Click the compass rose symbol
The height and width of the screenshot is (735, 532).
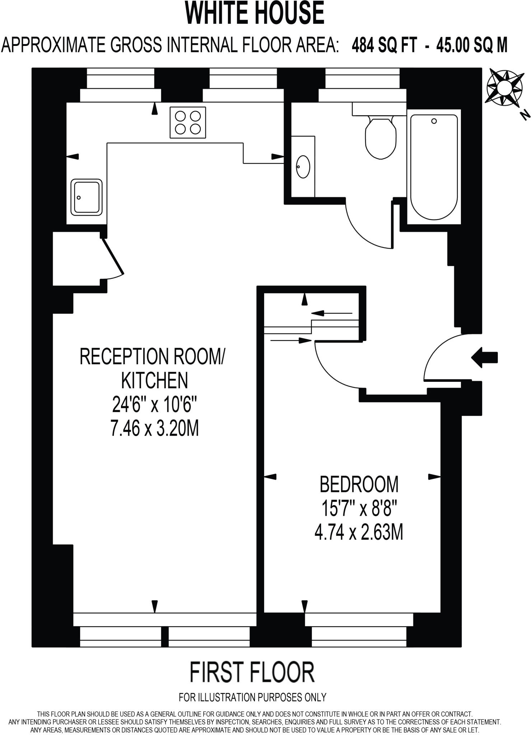(504, 88)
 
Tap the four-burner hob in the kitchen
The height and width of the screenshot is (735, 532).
(188, 122)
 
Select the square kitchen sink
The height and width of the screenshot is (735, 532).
(86, 197)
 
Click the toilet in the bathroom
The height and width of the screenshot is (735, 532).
(381, 138)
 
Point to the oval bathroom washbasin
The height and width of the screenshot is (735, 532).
(303, 167)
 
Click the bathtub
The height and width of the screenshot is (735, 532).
(434, 167)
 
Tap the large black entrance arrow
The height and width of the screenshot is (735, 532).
(484, 357)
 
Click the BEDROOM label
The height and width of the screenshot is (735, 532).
(359, 484)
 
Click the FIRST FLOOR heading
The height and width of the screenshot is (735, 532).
(252, 673)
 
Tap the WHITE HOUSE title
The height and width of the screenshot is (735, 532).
(255, 13)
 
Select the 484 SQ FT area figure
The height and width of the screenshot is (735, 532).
(384, 46)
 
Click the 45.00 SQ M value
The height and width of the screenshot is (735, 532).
(472, 46)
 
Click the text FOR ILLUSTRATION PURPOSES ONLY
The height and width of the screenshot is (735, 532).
(252, 697)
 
